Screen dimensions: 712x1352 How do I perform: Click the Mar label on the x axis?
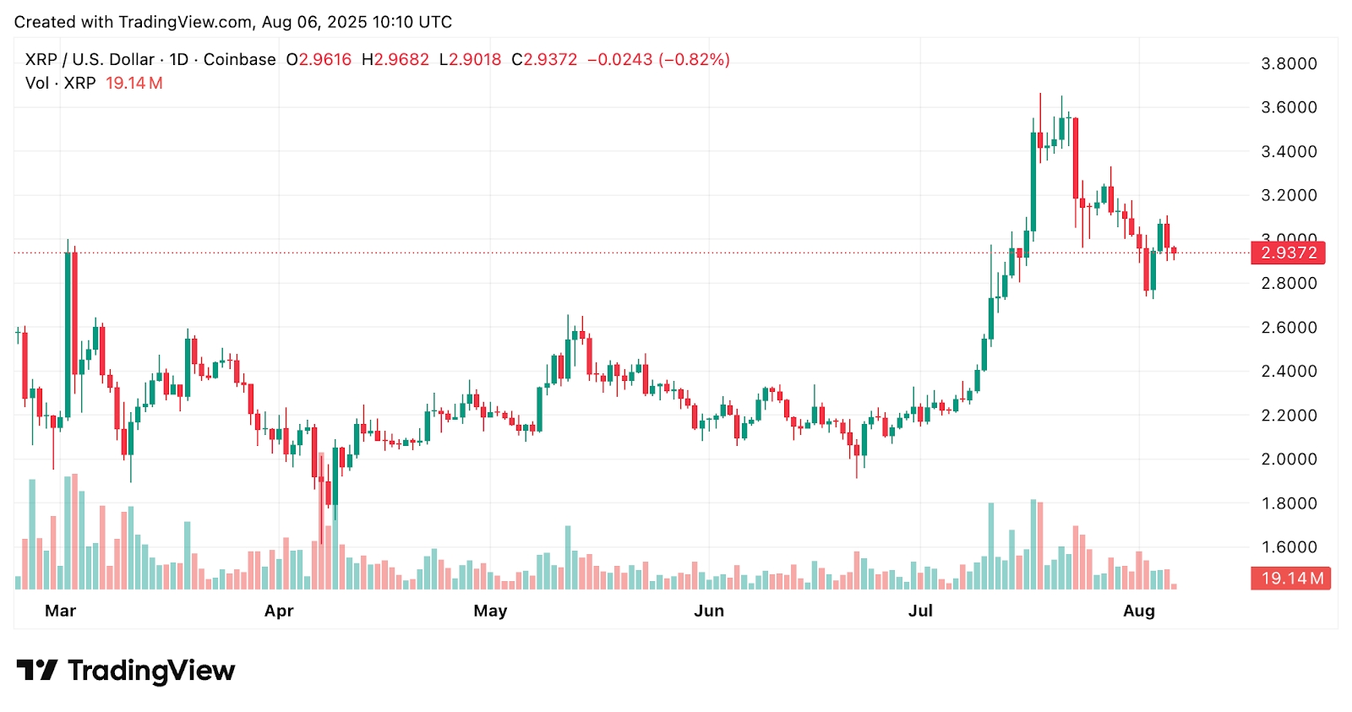(x=60, y=611)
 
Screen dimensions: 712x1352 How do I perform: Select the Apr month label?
(x=279, y=611)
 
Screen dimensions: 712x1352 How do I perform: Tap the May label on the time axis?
(x=490, y=611)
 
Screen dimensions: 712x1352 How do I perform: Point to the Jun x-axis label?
(x=709, y=611)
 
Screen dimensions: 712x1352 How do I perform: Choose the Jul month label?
(x=920, y=611)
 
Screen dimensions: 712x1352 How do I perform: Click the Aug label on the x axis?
(x=1139, y=611)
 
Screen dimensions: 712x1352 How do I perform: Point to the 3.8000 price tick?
(x=1289, y=63)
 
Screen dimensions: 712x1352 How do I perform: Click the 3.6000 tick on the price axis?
(x=1289, y=107)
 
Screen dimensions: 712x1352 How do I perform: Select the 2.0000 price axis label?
(x=1289, y=459)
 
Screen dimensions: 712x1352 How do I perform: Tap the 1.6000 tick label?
(x=1289, y=546)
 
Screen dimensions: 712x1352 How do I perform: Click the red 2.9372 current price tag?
(x=1289, y=253)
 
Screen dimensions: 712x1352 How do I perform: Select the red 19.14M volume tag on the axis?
(x=1291, y=579)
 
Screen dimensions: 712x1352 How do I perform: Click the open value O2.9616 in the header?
(x=319, y=60)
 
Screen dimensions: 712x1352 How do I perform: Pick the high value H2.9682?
(x=395, y=60)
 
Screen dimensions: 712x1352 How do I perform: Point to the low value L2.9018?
(x=471, y=60)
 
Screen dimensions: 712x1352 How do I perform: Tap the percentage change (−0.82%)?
(x=695, y=60)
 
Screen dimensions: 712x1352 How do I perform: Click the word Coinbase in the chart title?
(x=239, y=60)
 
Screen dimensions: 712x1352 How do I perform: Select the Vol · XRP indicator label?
(x=60, y=84)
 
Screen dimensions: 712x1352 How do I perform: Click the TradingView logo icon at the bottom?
(x=37, y=671)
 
